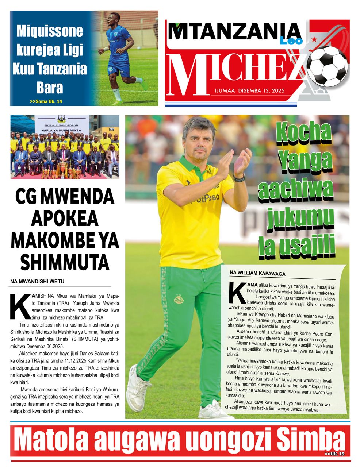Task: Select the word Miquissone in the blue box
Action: (50, 31)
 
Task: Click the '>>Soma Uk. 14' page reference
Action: (46, 101)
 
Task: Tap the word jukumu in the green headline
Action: (300, 219)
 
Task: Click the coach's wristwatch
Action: (240, 178)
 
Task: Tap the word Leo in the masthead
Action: (291, 40)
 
